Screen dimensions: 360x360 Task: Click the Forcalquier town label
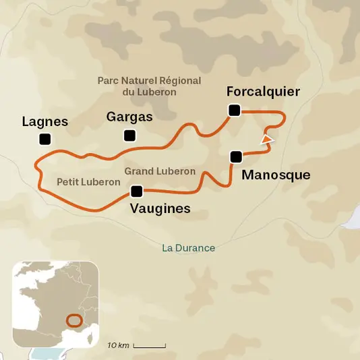[263, 92]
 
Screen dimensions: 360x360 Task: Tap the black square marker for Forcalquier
[234, 111]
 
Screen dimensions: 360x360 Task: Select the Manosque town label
[276, 175]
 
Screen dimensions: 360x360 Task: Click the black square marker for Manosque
[235, 156]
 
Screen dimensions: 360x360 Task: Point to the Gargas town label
[129, 117]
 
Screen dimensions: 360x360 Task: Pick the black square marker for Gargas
[129, 136]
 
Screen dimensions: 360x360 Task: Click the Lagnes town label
[45, 121]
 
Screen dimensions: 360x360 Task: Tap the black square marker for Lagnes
[45, 140]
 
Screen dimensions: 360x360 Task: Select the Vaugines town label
[160, 209]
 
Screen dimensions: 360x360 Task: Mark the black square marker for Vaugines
[137, 191]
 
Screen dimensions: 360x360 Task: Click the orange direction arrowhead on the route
[268, 140]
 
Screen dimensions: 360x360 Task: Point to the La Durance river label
[189, 248]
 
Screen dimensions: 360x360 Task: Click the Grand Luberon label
[160, 171]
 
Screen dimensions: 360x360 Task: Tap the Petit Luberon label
[88, 182]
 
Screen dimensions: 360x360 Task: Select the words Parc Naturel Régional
[149, 80]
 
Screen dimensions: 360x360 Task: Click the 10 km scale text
[118, 345]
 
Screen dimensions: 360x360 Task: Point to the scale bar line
[149, 346]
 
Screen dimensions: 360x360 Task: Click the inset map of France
[56, 303]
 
